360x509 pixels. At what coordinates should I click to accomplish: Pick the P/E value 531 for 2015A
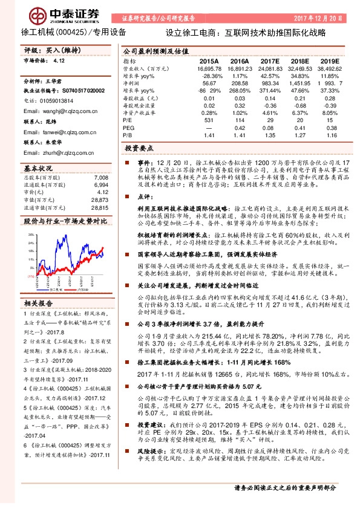[x=209, y=121]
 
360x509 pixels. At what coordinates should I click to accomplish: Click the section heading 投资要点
[x=140, y=148]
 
